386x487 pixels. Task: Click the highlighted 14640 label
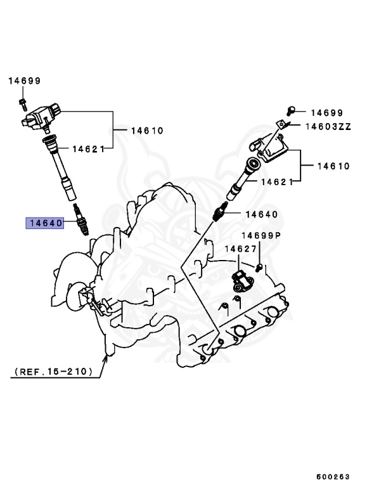pos(44,223)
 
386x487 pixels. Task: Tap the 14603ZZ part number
pos(328,126)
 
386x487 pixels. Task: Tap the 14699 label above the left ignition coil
pos(24,81)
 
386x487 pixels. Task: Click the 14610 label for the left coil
pos(147,131)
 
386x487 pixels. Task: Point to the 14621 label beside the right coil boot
pos(276,181)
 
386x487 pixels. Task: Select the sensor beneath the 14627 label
pos(241,278)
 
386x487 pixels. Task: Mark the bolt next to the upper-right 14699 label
pos(291,112)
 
